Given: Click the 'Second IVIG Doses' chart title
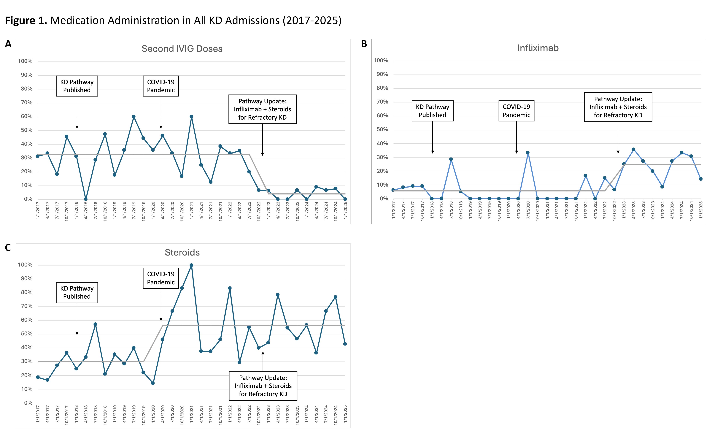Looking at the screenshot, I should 182,49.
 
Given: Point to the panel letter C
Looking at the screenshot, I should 8,248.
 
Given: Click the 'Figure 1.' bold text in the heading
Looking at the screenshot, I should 26,20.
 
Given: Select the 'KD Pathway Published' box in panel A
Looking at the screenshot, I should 77,86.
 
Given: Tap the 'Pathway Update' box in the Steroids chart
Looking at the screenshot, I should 263,386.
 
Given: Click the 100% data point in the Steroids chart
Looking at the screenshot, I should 191,265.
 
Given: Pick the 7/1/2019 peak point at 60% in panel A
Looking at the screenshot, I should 134,116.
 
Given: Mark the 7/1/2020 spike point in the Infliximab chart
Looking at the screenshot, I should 528,153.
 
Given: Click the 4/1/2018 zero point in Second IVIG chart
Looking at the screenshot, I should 86,199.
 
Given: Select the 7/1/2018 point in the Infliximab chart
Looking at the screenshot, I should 451,159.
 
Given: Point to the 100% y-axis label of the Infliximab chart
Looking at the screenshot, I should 381,61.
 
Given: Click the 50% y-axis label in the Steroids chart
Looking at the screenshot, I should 26,334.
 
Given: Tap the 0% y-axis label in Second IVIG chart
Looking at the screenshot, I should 28,199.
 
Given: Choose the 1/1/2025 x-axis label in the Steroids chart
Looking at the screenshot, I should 345,414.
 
